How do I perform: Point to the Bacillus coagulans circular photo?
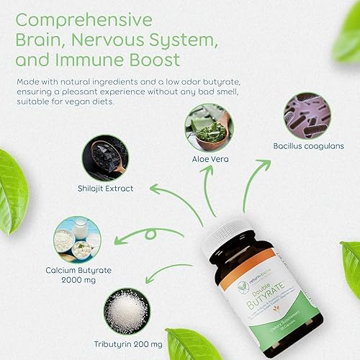(x=307, y=115)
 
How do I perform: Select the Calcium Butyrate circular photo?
(x=76, y=240)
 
